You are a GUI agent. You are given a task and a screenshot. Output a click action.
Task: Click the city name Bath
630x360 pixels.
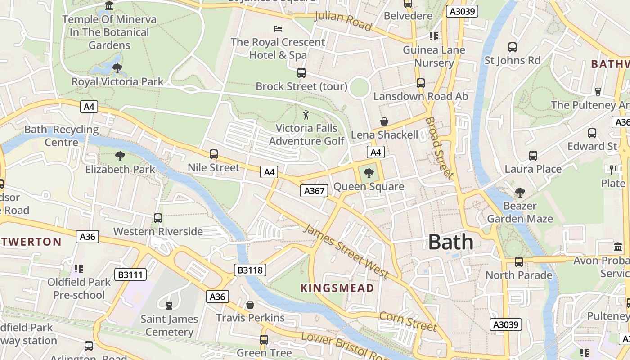(x=450, y=242)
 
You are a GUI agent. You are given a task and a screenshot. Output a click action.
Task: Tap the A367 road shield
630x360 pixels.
(x=314, y=191)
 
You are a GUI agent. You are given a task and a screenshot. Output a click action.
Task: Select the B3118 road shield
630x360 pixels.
(x=250, y=270)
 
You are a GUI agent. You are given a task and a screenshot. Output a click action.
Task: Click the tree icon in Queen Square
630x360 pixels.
(x=369, y=173)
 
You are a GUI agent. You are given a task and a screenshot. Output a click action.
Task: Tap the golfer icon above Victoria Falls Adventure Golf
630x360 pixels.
(x=306, y=115)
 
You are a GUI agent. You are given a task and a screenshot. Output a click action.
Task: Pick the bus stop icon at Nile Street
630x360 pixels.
(x=214, y=154)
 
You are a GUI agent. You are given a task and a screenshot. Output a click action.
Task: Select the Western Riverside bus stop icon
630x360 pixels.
(x=158, y=218)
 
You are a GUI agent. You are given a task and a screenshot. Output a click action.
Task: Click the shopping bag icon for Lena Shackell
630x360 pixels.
(x=384, y=121)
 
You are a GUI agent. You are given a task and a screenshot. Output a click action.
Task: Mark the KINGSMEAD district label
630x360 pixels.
(x=337, y=288)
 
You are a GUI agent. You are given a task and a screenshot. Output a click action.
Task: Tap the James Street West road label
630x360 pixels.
(x=346, y=250)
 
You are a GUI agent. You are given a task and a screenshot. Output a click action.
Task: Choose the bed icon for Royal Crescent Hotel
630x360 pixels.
(x=278, y=29)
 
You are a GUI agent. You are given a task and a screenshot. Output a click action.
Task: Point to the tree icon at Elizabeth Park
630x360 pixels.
(x=120, y=156)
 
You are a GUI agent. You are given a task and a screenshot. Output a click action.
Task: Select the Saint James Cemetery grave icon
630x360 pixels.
(x=169, y=306)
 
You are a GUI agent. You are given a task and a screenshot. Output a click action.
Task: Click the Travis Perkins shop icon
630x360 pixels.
(x=250, y=305)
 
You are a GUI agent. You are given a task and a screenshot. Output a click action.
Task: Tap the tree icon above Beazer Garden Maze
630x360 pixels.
(x=520, y=193)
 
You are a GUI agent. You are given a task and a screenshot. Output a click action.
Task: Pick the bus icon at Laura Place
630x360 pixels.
(x=533, y=156)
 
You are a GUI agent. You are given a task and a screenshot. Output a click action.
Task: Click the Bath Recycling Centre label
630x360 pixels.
(x=62, y=136)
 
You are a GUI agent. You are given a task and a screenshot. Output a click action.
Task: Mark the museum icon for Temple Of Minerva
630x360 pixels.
(x=109, y=6)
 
